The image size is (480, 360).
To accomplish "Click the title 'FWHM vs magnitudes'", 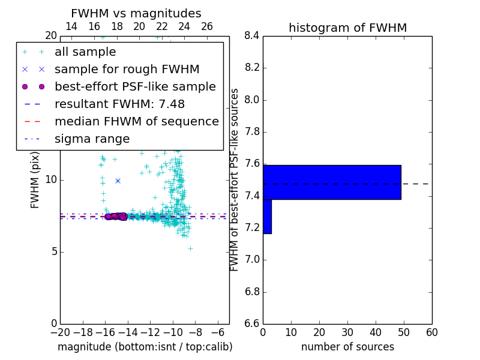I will click(x=136, y=13).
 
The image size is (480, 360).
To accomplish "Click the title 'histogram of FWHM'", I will click(x=347, y=28).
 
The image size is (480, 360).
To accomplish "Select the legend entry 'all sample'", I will click(x=86, y=52).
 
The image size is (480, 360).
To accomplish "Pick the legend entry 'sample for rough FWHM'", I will click(x=127, y=70).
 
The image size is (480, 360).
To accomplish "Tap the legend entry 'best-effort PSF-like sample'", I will click(x=135, y=87).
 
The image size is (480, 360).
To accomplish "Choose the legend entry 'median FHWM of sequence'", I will click(x=136, y=122).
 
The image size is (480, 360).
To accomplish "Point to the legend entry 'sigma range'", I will click(x=92, y=139).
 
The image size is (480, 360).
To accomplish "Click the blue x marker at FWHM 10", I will click(x=118, y=181).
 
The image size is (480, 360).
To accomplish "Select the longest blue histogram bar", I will click(x=332, y=182).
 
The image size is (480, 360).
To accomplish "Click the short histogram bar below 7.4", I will click(x=267, y=216).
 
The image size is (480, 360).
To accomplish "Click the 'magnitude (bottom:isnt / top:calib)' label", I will click(x=145, y=347).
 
